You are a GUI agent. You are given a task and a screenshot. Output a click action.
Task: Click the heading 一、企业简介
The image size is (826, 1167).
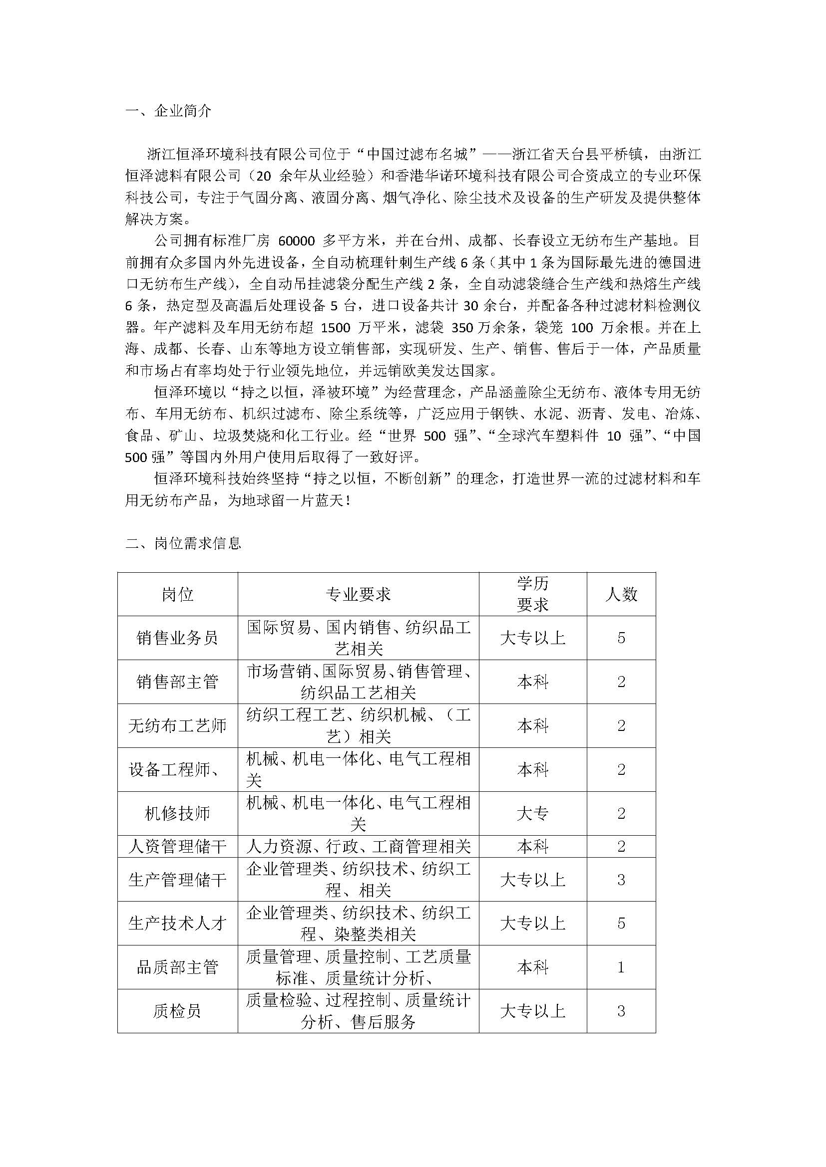pyautogui.click(x=168, y=111)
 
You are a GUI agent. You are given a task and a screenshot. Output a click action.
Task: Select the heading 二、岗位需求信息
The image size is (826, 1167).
pyautogui.click(x=183, y=543)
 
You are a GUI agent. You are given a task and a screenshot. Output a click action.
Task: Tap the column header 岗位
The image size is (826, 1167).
pyautogui.click(x=177, y=594)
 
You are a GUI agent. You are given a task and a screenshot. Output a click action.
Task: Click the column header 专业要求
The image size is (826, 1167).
pyautogui.click(x=358, y=594)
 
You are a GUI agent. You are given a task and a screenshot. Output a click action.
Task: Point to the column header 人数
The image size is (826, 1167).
pyautogui.click(x=621, y=594)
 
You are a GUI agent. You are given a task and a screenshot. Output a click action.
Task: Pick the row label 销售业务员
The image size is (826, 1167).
pyautogui.click(x=177, y=638)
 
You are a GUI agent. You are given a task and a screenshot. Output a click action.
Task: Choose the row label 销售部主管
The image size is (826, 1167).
pyautogui.click(x=177, y=682)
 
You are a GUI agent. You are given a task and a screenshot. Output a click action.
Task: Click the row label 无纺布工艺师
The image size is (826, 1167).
pyautogui.click(x=177, y=725)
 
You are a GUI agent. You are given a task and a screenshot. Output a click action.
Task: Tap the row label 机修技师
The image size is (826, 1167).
pyautogui.click(x=177, y=813)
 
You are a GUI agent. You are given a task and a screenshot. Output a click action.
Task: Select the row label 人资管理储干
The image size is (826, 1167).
pyautogui.click(x=177, y=846)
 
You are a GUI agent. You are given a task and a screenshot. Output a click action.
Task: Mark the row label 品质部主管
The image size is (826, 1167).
pyautogui.click(x=177, y=967)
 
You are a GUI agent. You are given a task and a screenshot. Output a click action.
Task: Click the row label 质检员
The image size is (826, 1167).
pyautogui.click(x=177, y=1011)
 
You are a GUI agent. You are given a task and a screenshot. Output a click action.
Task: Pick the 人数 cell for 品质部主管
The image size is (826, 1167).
pyautogui.click(x=621, y=967)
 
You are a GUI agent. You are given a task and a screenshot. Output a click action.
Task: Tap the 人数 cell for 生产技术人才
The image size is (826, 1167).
pyautogui.click(x=621, y=923)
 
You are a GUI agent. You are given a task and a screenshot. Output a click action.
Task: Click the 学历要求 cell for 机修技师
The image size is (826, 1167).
pyautogui.click(x=532, y=813)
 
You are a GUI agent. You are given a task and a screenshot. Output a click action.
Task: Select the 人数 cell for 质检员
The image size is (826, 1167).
pyautogui.click(x=621, y=1011)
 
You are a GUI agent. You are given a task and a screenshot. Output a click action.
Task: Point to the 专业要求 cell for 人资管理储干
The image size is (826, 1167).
pyautogui.click(x=358, y=846)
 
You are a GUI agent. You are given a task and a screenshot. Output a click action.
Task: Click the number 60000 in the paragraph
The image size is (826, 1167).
pyautogui.click(x=298, y=241)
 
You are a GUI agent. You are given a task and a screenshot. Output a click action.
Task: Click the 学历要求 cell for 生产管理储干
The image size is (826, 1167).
pyautogui.click(x=532, y=879)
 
